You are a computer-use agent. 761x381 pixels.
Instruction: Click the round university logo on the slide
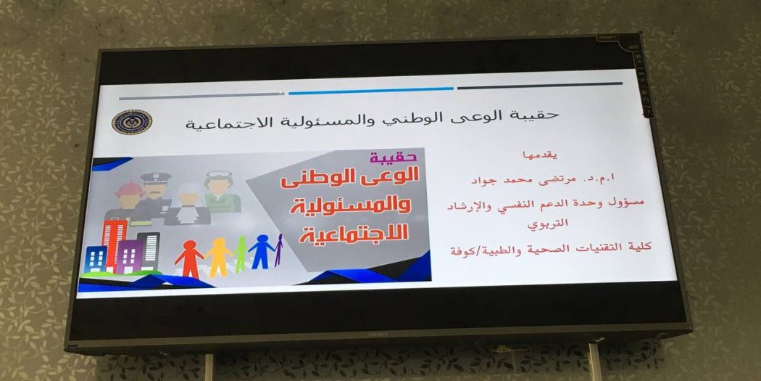coord(131,122)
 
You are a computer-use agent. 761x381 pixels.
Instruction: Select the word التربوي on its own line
coord(548,224)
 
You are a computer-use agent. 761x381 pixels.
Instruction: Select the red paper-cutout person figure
coord(188,258)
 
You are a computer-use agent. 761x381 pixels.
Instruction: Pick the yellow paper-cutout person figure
coord(219,257)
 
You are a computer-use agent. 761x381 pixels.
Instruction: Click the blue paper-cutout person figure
coord(262,251)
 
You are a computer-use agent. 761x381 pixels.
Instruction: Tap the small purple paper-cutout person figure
coord(278,250)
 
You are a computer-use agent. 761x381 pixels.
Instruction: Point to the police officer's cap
coord(156,177)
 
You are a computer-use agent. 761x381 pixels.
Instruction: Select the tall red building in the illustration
coord(115,246)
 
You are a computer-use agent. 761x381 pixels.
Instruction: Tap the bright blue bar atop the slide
coord(371,91)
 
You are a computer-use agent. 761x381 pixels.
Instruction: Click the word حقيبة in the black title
coord(534,115)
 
